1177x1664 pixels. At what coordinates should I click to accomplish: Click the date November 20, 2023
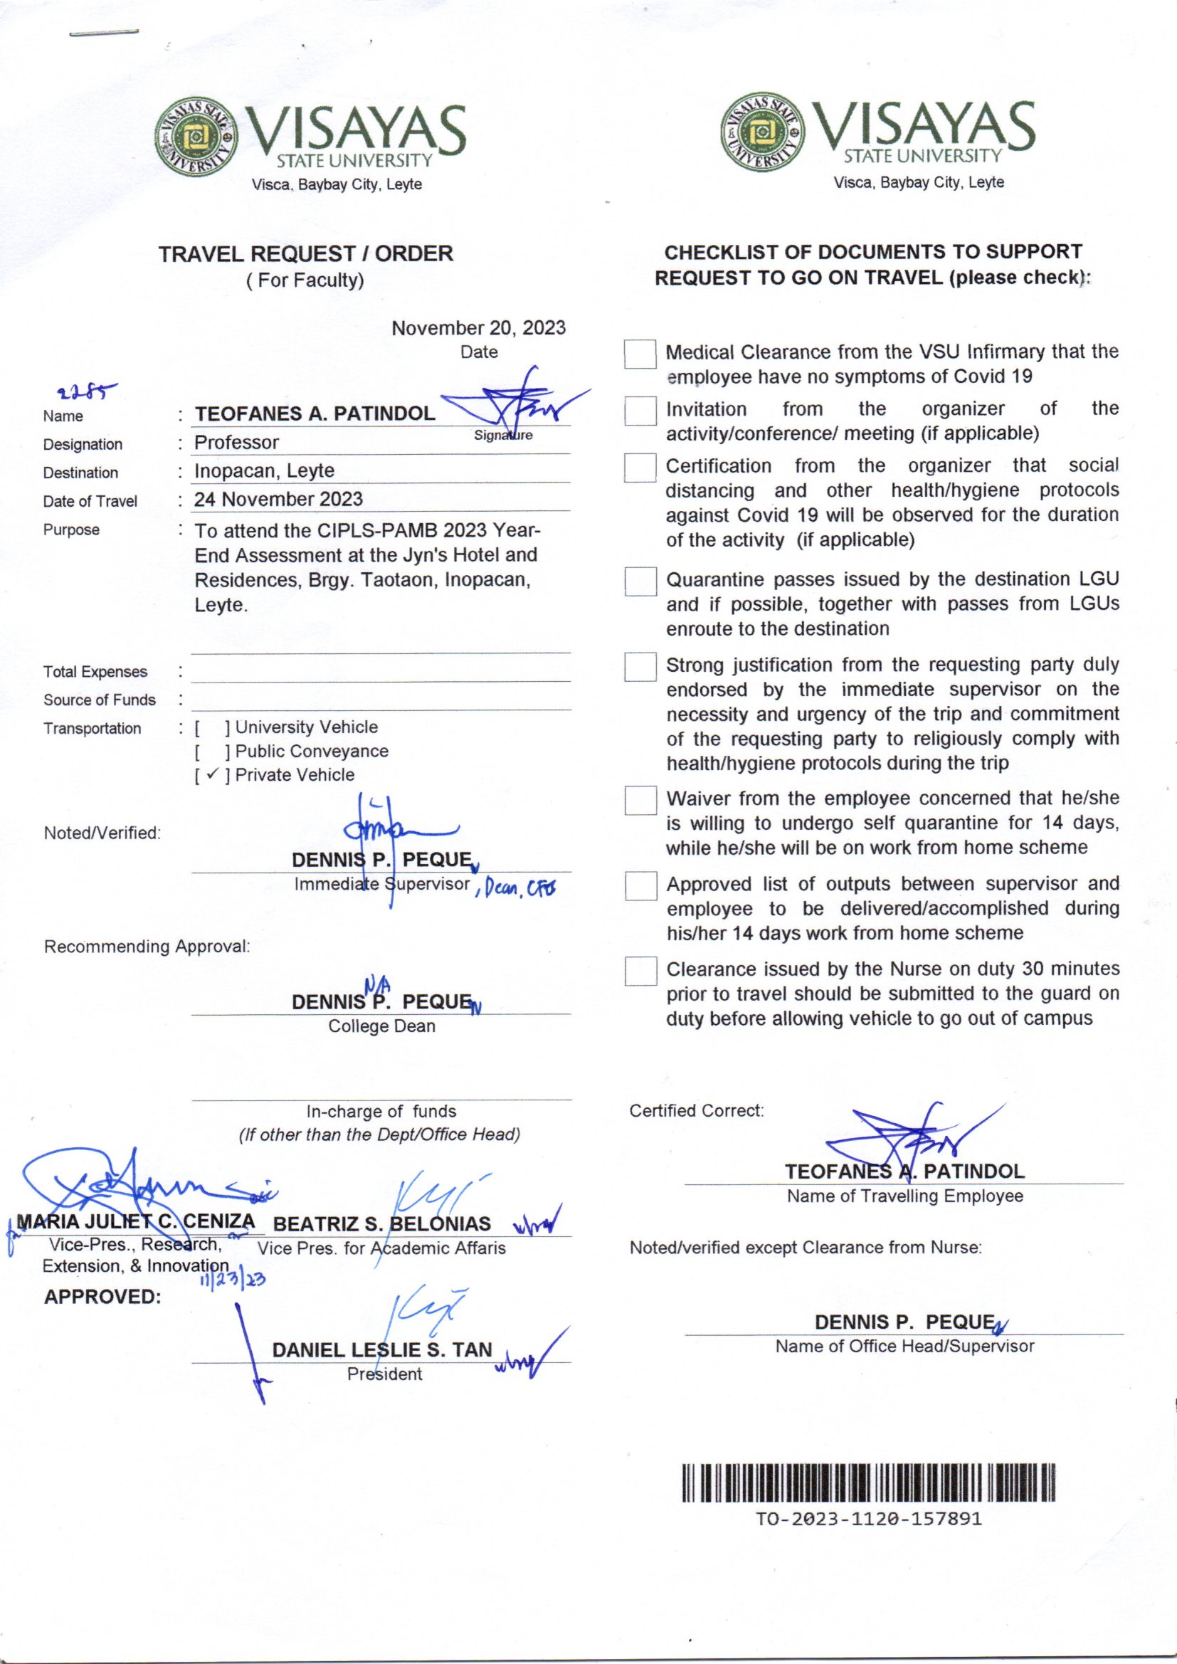pos(478,328)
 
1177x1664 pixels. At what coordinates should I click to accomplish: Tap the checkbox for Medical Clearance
pos(640,354)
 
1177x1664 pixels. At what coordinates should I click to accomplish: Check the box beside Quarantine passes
pos(640,581)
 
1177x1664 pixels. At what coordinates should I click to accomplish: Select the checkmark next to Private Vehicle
pos(211,775)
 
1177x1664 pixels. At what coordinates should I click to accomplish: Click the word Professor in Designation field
pos(236,442)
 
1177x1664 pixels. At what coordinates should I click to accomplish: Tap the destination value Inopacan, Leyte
pos(264,470)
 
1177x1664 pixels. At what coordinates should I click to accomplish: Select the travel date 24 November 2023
pos(278,500)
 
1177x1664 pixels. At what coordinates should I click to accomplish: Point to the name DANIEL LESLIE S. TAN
pos(382,1349)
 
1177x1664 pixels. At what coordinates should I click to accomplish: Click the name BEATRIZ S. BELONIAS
pos(382,1224)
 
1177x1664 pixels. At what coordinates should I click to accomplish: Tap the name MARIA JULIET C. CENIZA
pos(135,1221)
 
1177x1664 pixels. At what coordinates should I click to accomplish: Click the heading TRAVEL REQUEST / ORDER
pos(306,253)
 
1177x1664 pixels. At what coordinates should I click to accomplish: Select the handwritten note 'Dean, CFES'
pos(516,887)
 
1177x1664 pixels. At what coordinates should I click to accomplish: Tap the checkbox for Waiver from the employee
pos(640,801)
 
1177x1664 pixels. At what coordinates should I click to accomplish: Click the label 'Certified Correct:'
pos(696,1110)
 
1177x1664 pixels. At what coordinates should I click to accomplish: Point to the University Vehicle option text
pos(306,727)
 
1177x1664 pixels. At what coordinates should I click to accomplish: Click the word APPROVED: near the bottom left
pos(102,1297)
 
